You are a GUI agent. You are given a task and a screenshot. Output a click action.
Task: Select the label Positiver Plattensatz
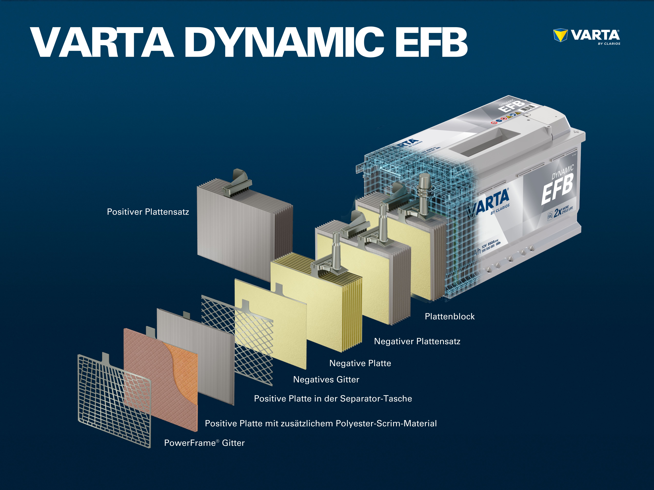(148, 212)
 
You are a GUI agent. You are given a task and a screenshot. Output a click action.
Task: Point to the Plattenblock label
(449, 316)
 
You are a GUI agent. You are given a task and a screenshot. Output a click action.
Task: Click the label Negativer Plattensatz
(417, 341)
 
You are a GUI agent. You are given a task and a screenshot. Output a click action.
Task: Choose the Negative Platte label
(360, 363)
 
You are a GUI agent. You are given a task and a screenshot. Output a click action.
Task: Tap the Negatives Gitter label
(326, 380)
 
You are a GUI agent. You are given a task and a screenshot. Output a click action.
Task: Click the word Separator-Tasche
(376, 399)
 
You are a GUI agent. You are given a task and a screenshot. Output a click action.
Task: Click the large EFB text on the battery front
(557, 189)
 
